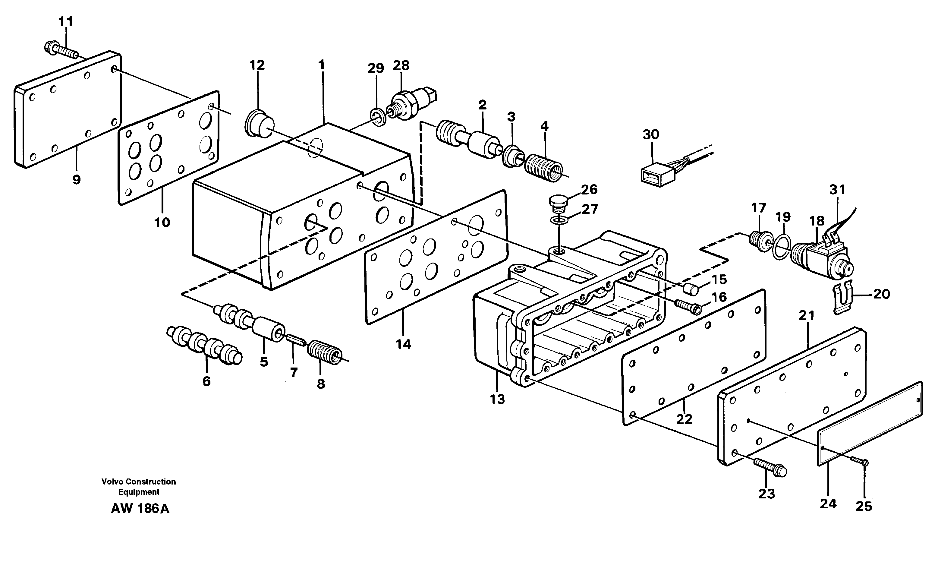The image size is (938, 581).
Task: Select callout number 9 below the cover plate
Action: [x=77, y=179]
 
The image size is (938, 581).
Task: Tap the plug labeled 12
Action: [x=259, y=123]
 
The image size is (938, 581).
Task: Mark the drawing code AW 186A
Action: [x=140, y=508]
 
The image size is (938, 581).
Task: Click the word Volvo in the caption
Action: [x=112, y=482]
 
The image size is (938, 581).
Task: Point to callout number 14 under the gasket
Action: [x=403, y=344]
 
